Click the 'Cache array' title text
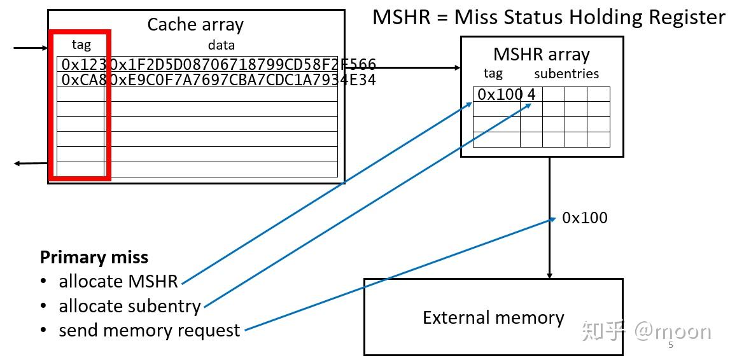click(x=195, y=25)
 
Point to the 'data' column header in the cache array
click(x=221, y=45)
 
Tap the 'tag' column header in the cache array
click(x=81, y=45)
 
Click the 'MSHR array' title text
click(x=542, y=55)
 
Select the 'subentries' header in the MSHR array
click(x=566, y=74)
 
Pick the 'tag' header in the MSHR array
click(x=493, y=74)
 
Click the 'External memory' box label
click(x=493, y=317)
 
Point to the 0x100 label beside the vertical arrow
click(x=584, y=218)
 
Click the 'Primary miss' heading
click(x=94, y=257)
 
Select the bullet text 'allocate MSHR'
click(x=118, y=281)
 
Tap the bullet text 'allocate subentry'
click(x=130, y=306)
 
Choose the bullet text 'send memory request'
click(x=150, y=331)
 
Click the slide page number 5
click(x=671, y=345)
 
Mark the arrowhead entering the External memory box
click(x=549, y=275)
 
